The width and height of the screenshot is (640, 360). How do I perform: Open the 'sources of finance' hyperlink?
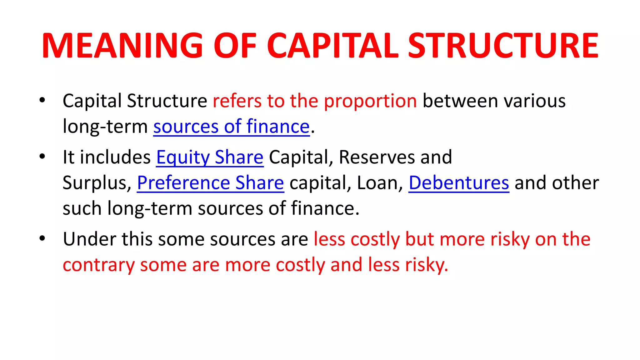pos(231,127)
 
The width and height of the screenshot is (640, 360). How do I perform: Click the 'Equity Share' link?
pos(210,157)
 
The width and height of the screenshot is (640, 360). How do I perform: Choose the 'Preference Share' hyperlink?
pos(210,183)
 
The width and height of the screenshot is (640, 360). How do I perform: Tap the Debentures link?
pos(459,183)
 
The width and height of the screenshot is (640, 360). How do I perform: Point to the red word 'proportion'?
pos(370,101)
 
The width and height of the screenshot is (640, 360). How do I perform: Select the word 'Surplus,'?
pos(97,183)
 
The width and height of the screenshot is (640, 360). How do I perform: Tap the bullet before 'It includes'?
pos(42,157)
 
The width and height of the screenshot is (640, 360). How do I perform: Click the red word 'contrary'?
pos(98,265)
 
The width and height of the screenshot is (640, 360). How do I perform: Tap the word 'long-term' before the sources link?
pos(105,127)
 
